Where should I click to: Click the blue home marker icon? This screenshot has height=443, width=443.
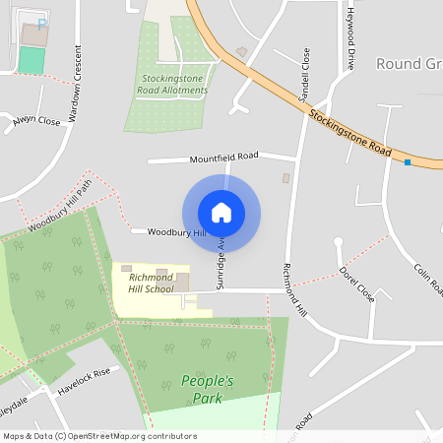(x=221, y=213)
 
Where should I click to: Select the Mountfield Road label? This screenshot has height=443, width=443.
(x=223, y=157)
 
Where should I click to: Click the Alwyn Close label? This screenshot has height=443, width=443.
(x=36, y=121)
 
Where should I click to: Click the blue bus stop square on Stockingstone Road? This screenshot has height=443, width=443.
(x=408, y=161)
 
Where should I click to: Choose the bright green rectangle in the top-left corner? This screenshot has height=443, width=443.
(x=32, y=59)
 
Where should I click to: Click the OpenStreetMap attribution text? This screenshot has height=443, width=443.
(x=98, y=436)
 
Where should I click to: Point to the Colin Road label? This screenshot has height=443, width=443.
(x=428, y=279)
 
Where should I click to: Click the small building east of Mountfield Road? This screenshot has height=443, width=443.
(x=286, y=178)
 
